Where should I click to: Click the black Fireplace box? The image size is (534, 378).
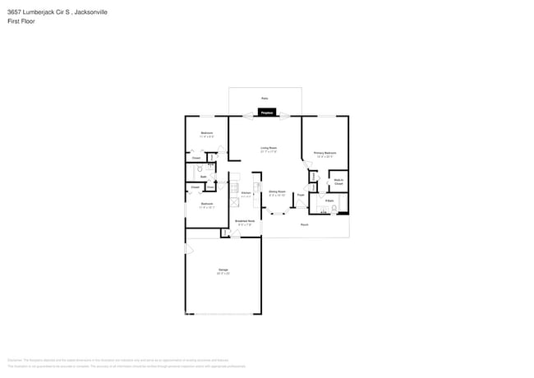tap(267, 112)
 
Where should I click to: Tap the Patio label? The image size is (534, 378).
tap(265, 99)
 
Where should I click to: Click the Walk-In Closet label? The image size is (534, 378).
tap(338, 181)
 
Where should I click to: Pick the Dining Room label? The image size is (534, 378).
tap(277, 193)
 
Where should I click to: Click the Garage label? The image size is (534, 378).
tap(223, 270)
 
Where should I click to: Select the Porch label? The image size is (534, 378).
tap(304, 224)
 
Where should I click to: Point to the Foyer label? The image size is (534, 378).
tap(301, 195)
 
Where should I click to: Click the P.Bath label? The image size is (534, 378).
tap(329, 200)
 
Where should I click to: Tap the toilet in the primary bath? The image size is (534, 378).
tap(334, 208)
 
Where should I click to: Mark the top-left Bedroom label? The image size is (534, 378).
tap(207, 133)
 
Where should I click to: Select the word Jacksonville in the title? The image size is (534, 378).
tap(89, 13)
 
